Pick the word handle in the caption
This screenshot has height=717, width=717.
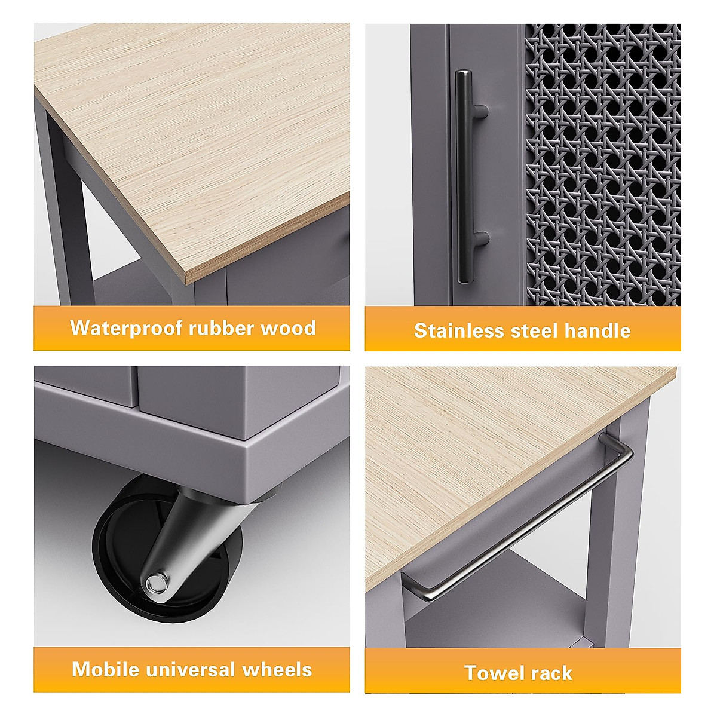[597, 330]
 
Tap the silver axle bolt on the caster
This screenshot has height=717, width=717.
[156, 581]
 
